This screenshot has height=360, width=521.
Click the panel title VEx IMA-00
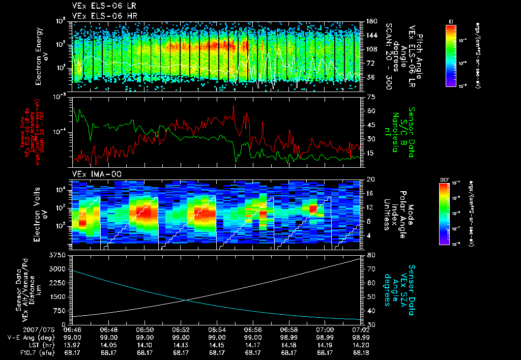(93, 174)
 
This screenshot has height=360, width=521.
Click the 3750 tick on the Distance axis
(60, 255)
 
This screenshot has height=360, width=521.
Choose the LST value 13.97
(73, 344)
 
